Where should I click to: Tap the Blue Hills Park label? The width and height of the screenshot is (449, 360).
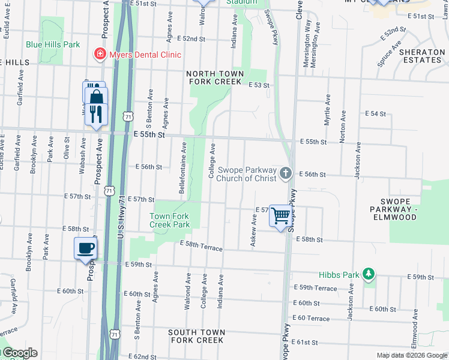click(x=53, y=44)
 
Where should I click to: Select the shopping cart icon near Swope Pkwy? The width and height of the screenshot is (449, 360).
click(x=281, y=215)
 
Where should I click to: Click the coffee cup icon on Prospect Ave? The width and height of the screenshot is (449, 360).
click(x=85, y=248)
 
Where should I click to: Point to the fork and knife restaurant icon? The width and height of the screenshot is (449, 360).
click(x=96, y=113)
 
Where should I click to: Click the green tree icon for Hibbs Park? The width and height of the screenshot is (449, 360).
click(x=369, y=275)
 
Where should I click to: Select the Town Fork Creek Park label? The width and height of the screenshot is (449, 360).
click(x=170, y=220)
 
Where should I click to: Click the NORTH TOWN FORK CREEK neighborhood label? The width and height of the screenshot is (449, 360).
click(x=217, y=77)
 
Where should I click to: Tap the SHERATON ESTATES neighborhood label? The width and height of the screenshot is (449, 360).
click(x=422, y=56)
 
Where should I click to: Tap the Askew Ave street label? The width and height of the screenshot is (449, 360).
click(x=254, y=233)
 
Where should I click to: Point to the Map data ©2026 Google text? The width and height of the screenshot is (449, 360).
click(x=411, y=355)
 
